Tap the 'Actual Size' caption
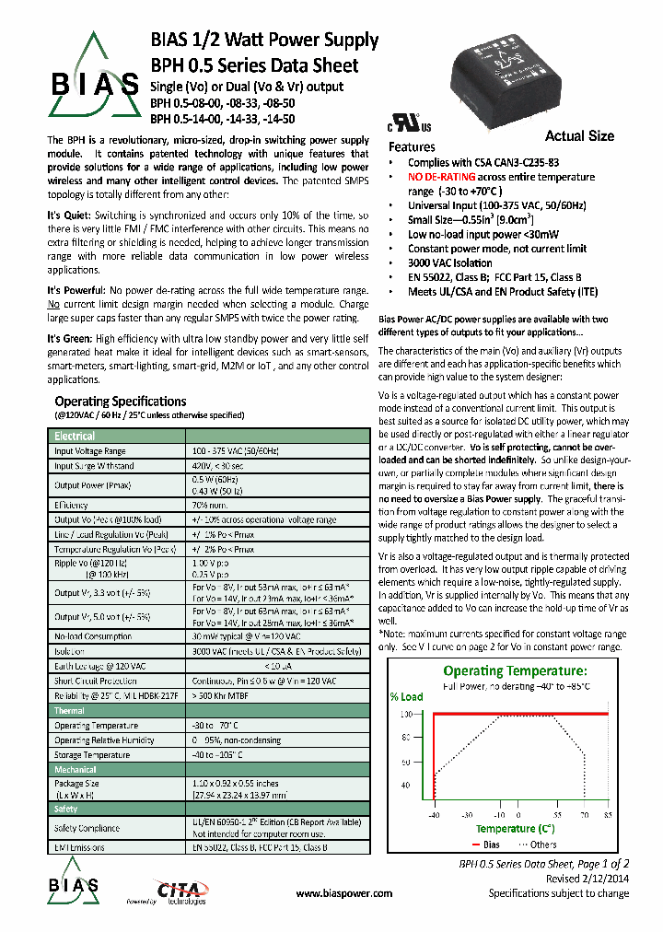pos(579,135)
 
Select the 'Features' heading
pos(412,147)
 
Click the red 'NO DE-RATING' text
pos(442,176)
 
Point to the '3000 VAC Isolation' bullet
pos(452,262)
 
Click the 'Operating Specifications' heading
pos(121,402)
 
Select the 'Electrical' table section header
pos(75,436)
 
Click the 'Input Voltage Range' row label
pos(89,451)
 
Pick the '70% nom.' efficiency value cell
pos(211,505)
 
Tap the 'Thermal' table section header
pos(69,711)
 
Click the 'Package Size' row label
pos(77,783)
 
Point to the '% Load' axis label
pos(406,696)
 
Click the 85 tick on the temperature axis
pos(608,815)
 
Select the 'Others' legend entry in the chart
pos(542,844)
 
